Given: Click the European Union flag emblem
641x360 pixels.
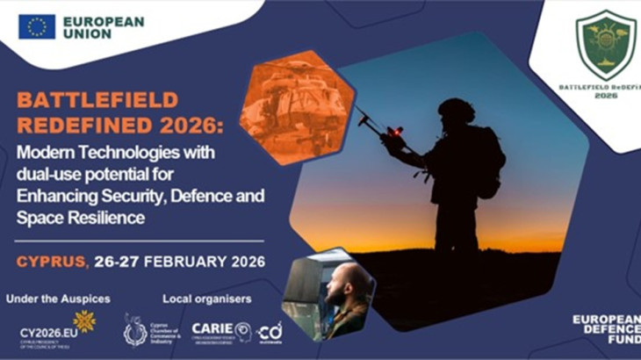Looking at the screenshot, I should point(37,26).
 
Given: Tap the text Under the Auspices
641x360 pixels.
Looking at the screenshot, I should point(58,299).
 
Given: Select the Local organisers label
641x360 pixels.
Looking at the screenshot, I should point(207,299).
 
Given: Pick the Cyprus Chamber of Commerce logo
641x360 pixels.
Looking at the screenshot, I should point(137,330).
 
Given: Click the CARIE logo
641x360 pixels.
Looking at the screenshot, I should point(213,329).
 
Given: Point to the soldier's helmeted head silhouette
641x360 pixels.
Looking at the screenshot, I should point(456,112).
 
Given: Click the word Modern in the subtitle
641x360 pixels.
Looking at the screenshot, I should point(44,151).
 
